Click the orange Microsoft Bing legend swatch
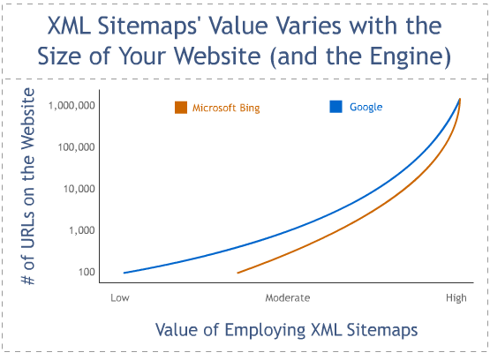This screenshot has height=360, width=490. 181,108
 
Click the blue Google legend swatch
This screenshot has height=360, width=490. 335,107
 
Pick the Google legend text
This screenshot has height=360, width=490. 366,107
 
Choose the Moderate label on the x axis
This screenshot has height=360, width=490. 288,297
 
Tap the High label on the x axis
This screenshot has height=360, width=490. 456,297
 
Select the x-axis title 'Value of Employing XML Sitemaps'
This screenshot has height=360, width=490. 286,330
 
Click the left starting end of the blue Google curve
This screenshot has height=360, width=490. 124,273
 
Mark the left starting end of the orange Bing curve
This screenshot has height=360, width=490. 238,273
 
